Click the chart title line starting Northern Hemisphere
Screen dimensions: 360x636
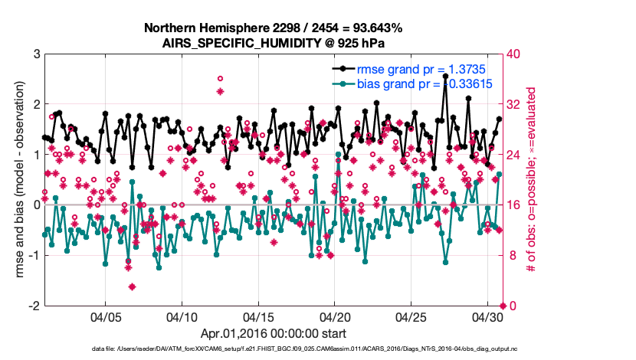pos(273,28)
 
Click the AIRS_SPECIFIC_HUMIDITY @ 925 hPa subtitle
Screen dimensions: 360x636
pos(273,43)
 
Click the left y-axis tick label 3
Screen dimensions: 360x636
pos(35,54)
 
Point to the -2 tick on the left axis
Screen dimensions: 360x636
pos(33,306)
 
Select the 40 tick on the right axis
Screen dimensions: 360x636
pos(513,54)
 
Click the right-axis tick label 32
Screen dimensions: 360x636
pos(513,104)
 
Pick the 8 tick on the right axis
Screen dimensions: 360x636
pos(510,255)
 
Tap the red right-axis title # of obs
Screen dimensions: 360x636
pos(530,179)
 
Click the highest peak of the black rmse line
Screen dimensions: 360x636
pos(445,77)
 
